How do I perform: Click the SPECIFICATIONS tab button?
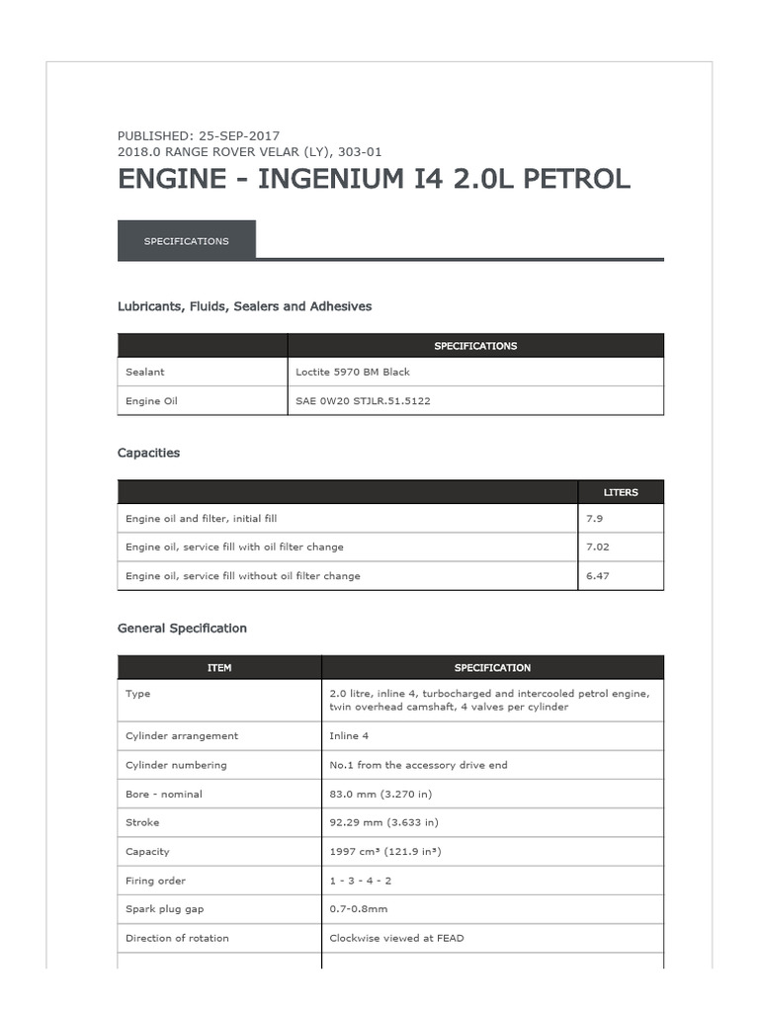pos(186,241)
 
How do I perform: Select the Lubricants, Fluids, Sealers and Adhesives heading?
pos(244,306)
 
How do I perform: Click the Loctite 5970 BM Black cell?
pos(353,372)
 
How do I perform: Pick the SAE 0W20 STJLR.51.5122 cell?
pos(363,401)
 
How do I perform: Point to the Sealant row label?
pos(145,372)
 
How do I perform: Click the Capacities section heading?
pos(148,453)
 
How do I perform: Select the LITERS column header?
pos(621,492)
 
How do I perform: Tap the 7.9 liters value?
pos(594,518)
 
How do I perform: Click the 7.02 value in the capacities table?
pos(598,547)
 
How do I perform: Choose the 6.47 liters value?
pos(598,575)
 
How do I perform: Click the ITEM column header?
pos(219,668)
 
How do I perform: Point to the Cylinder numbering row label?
pos(176,765)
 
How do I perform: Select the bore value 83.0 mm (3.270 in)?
pos(380,794)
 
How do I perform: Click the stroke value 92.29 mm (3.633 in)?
pos(383,822)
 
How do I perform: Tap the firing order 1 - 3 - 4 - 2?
pos(361,881)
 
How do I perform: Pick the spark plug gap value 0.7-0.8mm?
pos(358,909)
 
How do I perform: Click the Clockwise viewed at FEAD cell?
pos(396,938)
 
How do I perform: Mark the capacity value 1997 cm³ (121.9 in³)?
pos(385,852)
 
